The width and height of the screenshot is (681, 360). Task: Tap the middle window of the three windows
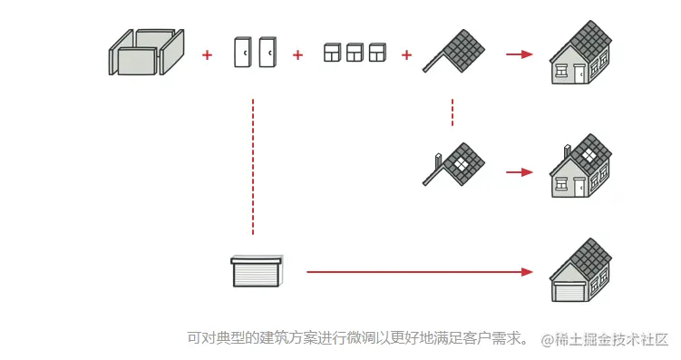pyautogui.click(x=354, y=53)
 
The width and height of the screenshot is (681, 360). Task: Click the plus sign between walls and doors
pyautogui.click(x=207, y=55)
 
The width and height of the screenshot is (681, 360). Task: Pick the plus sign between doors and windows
pyautogui.click(x=297, y=55)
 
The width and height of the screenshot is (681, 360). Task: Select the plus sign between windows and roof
pyautogui.click(x=406, y=55)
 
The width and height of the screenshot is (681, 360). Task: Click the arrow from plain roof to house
pyautogui.click(x=519, y=54)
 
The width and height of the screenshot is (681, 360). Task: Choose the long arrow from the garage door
pyautogui.click(x=417, y=271)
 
